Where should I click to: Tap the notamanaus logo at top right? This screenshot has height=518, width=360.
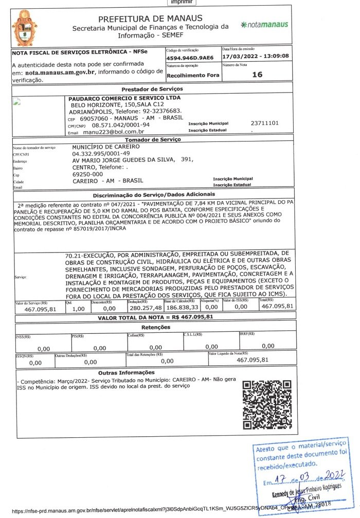pyautogui.click(x=264, y=25)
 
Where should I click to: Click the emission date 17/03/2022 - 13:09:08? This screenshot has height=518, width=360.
pyautogui.click(x=256, y=56)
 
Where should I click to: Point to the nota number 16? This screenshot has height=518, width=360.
pyautogui.click(x=257, y=75)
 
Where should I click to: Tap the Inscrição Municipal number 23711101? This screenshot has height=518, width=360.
pyautogui.click(x=264, y=123)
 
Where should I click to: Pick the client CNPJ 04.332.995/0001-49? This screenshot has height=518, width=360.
pyautogui.click(x=101, y=153)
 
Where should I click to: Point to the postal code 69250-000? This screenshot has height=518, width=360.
pyautogui.click(x=88, y=174)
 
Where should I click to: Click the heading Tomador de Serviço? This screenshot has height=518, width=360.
pyautogui.click(x=153, y=139)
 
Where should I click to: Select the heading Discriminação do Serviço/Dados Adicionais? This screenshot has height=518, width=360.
pyautogui.click(x=154, y=195)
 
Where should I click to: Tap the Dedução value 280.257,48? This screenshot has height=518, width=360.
pyautogui.click(x=144, y=307)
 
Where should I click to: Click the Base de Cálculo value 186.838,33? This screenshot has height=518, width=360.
pyautogui.click(x=182, y=307)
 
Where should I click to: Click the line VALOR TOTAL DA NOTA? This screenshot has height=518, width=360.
pyautogui.click(x=155, y=317)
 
